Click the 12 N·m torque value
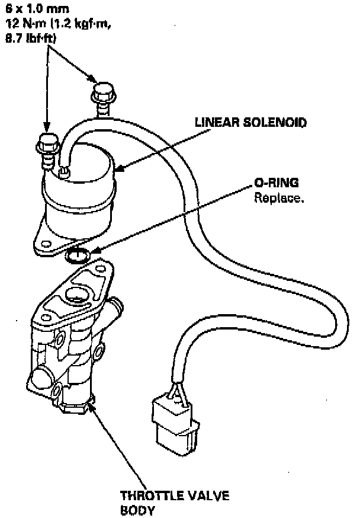[27, 23]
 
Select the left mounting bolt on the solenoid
[48, 145]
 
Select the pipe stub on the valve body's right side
[116, 308]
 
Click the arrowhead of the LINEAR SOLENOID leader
[114, 171]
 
